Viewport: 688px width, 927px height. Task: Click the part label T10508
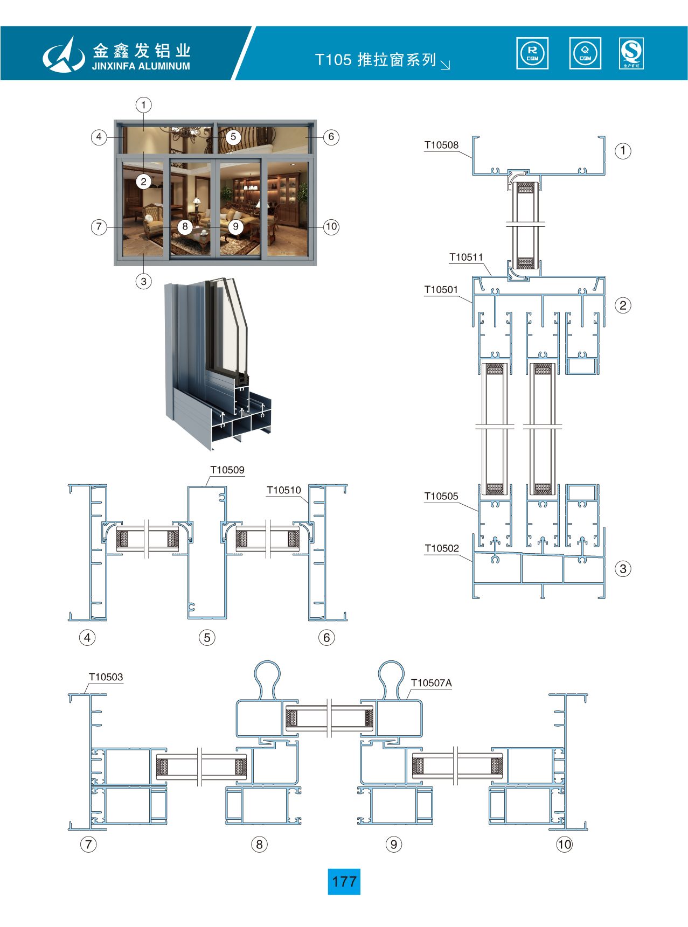pyautogui.click(x=441, y=145)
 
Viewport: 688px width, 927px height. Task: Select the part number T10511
pyautogui.click(x=466, y=257)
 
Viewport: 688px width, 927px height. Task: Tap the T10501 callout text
pyautogui.click(x=441, y=290)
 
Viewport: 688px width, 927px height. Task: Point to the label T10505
pyautogui.click(x=441, y=496)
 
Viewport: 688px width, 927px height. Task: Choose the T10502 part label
pyautogui.click(x=441, y=548)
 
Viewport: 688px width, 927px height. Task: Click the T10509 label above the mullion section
pyautogui.click(x=227, y=470)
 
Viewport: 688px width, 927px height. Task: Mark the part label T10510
pyautogui.click(x=283, y=490)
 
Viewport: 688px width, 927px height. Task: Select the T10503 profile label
pyautogui.click(x=106, y=677)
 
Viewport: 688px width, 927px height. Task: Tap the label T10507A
pyautogui.click(x=431, y=683)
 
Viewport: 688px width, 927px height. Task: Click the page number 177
pyautogui.click(x=344, y=882)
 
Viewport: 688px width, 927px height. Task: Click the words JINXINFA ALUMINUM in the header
pyautogui.click(x=141, y=66)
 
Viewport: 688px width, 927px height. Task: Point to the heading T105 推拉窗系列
pyautogui.click(x=376, y=60)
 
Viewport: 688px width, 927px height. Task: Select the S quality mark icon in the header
pyautogui.click(x=631, y=53)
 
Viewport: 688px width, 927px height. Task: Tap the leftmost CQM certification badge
pyautogui.click(x=532, y=53)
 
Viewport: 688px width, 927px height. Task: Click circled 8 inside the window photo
pyautogui.click(x=185, y=227)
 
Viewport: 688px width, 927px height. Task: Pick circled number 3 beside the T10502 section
pyautogui.click(x=623, y=569)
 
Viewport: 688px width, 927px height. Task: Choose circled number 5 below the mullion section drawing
pyautogui.click(x=207, y=638)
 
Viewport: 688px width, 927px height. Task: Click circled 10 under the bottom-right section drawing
pyautogui.click(x=564, y=844)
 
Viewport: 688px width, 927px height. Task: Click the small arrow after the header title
pyautogui.click(x=446, y=65)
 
